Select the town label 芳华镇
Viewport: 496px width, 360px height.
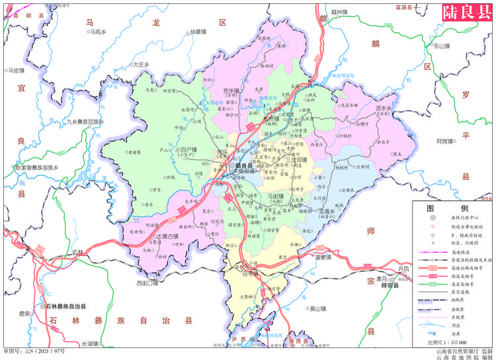(230, 91)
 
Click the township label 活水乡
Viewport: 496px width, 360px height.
(384, 108)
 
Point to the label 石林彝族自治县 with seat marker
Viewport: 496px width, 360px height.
(72, 307)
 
